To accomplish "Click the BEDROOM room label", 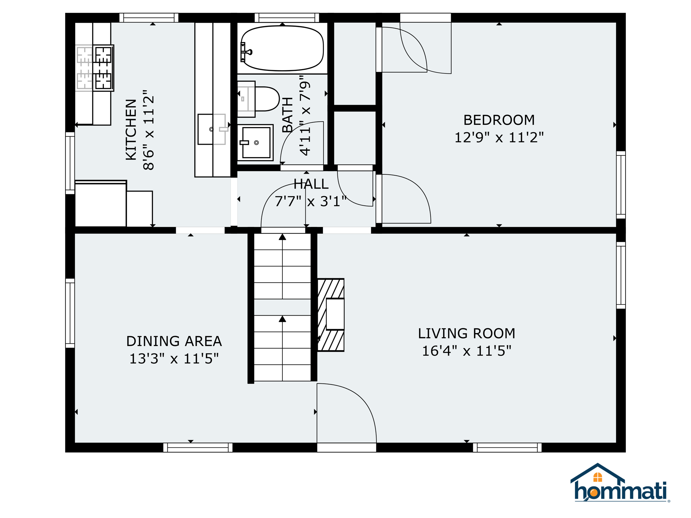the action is pyautogui.click(x=499, y=120).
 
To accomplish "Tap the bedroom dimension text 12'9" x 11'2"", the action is pyautogui.click(x=499, y=138).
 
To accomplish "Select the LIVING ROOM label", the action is pyautogui.click(x=466, y=334).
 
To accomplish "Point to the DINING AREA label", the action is pyautogui.click(x=174, y=341).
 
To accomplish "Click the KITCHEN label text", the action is pyautogui.click(x=131, y=129).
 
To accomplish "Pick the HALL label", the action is pyautogui.click(x=311, y=184).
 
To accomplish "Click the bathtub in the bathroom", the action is pyautogui.click(x=282, y=48).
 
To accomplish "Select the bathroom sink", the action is pyautogui.click(x=255, y=142).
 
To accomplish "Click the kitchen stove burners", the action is pyautogui.click(x=94, y=68).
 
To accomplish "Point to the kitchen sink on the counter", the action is pyautogui.click(x=212, y=129).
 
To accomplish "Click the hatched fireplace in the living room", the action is pyautogui.click(x=331, y=315).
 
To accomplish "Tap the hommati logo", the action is pyautogui.click(x=620, y=483).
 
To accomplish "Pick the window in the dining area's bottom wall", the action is pyautogui.click(x=198, y=448).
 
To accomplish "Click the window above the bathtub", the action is pyautogui.click(x=287, y=18).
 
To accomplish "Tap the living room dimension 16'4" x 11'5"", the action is pyautogui.click(x=467, y=351).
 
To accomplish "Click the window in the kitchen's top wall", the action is pyautogui.click(x=149, y=18).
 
